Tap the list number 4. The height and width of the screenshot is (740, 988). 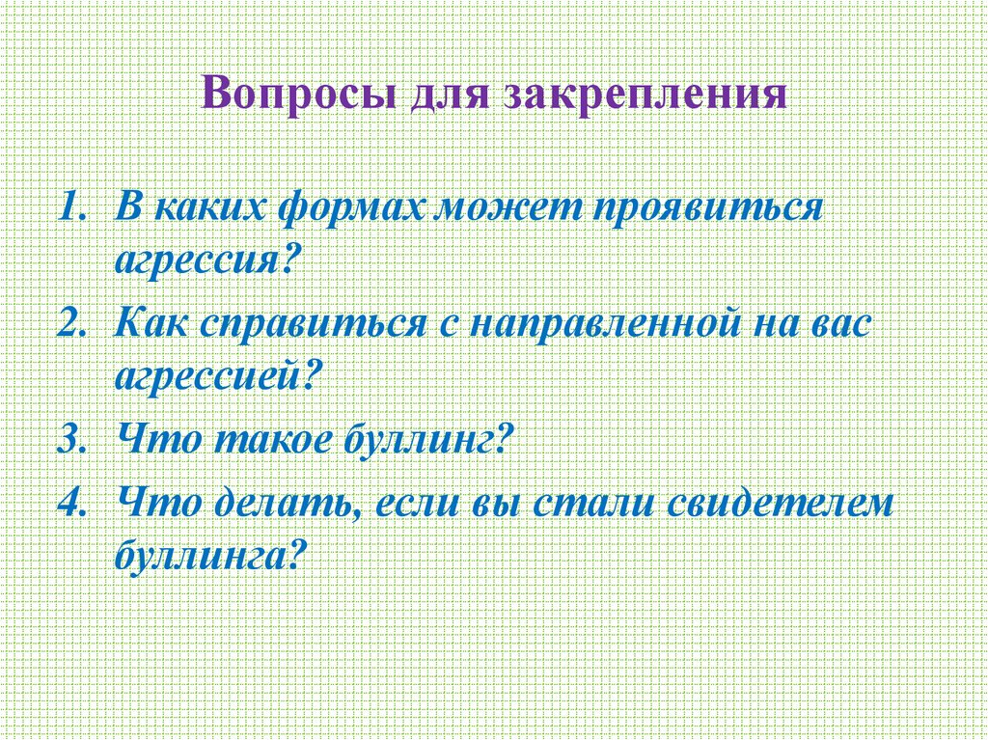click(70, 504)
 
